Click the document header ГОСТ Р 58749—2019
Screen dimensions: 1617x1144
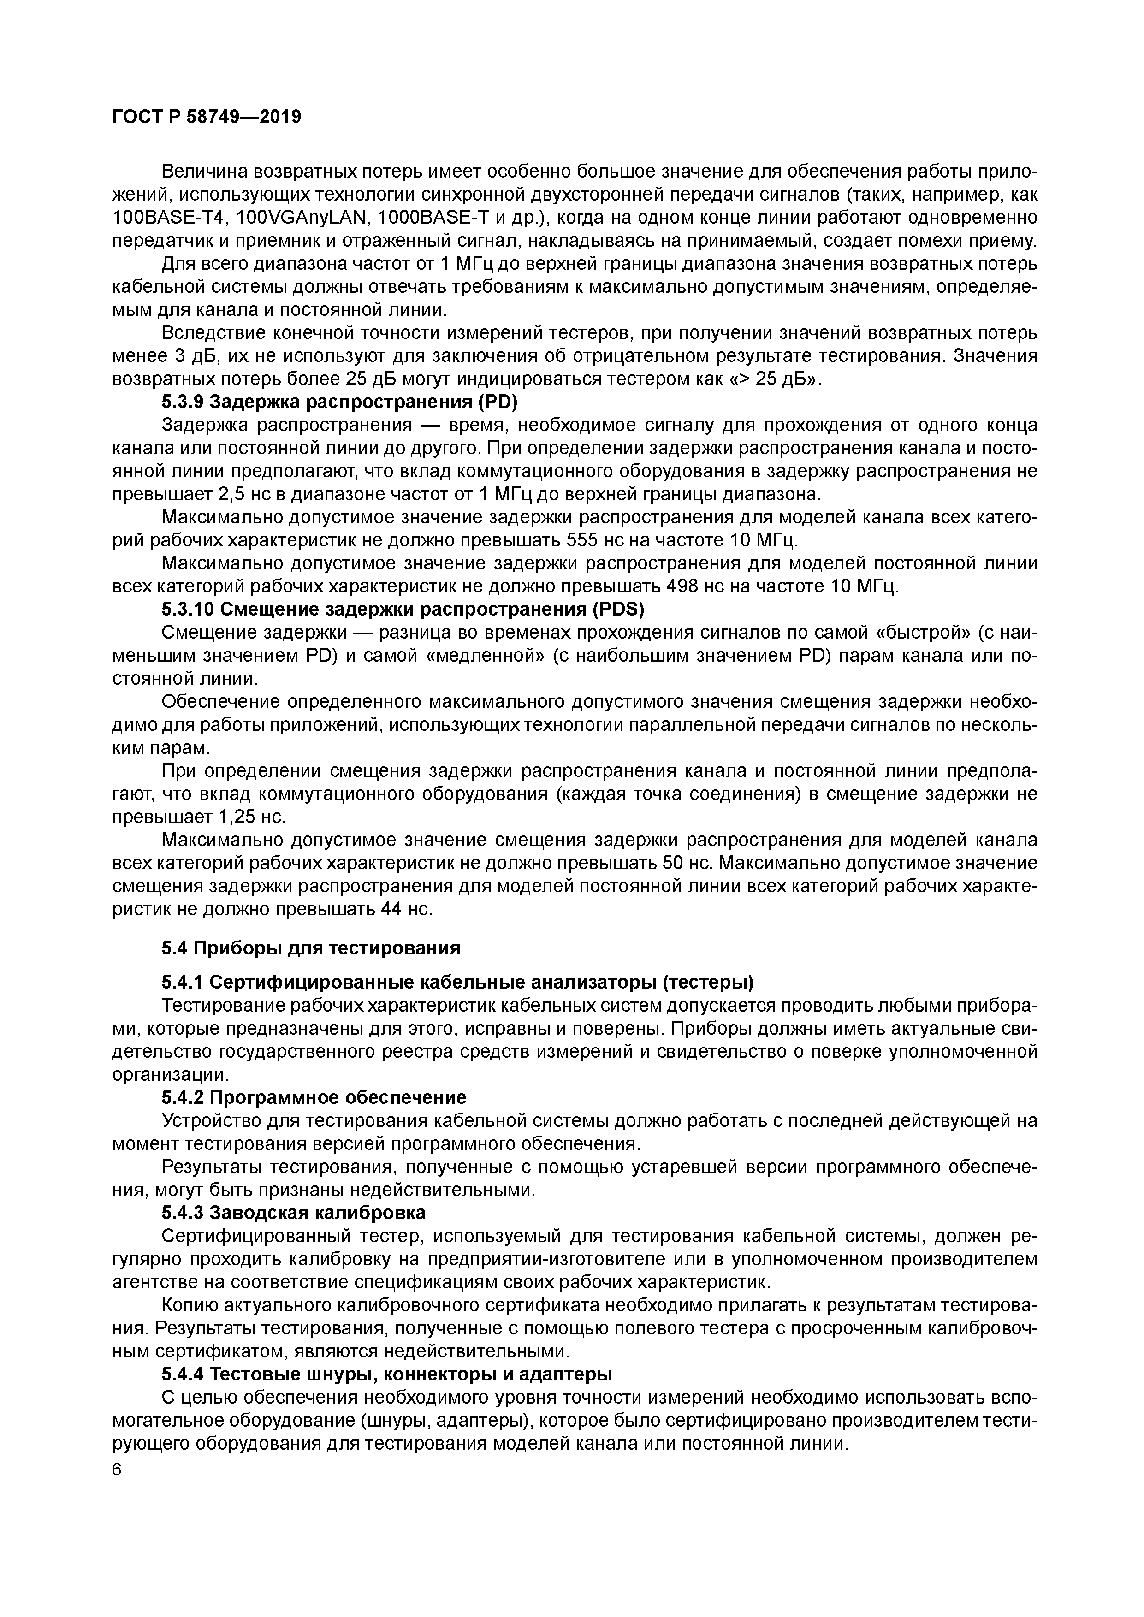tap(207, 117)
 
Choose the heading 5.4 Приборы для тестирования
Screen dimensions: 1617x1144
tap(311, 948)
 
